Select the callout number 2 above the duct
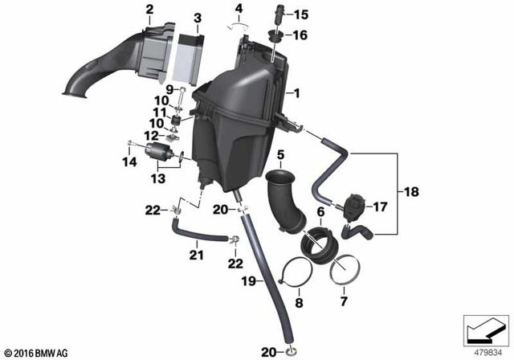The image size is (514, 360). [149, 10]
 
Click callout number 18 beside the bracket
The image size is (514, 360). [413, 194]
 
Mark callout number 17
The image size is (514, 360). [381, 207]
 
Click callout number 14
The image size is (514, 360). [124, 162]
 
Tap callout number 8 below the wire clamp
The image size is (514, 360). [298, 304]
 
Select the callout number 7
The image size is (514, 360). [344, 301]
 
